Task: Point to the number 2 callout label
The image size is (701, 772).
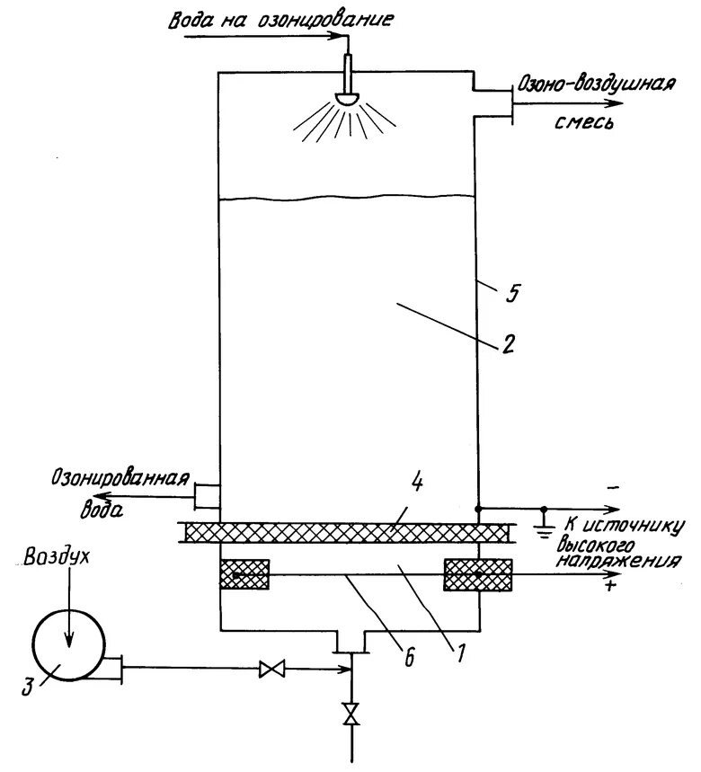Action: [x=508, y=345]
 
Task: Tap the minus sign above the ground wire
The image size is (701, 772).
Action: [x=614, y=486]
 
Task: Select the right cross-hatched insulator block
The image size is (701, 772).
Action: [x=478, y=574]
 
